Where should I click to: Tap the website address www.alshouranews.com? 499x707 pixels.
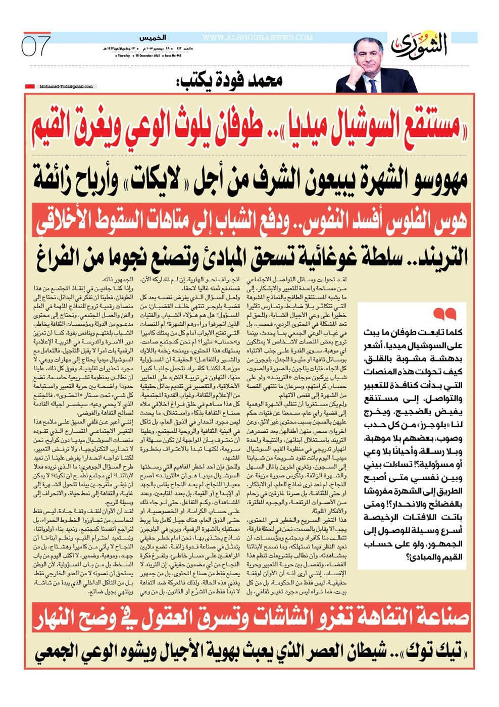tap(258, 38)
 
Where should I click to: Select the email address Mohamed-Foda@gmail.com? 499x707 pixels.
tap(66, 86)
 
